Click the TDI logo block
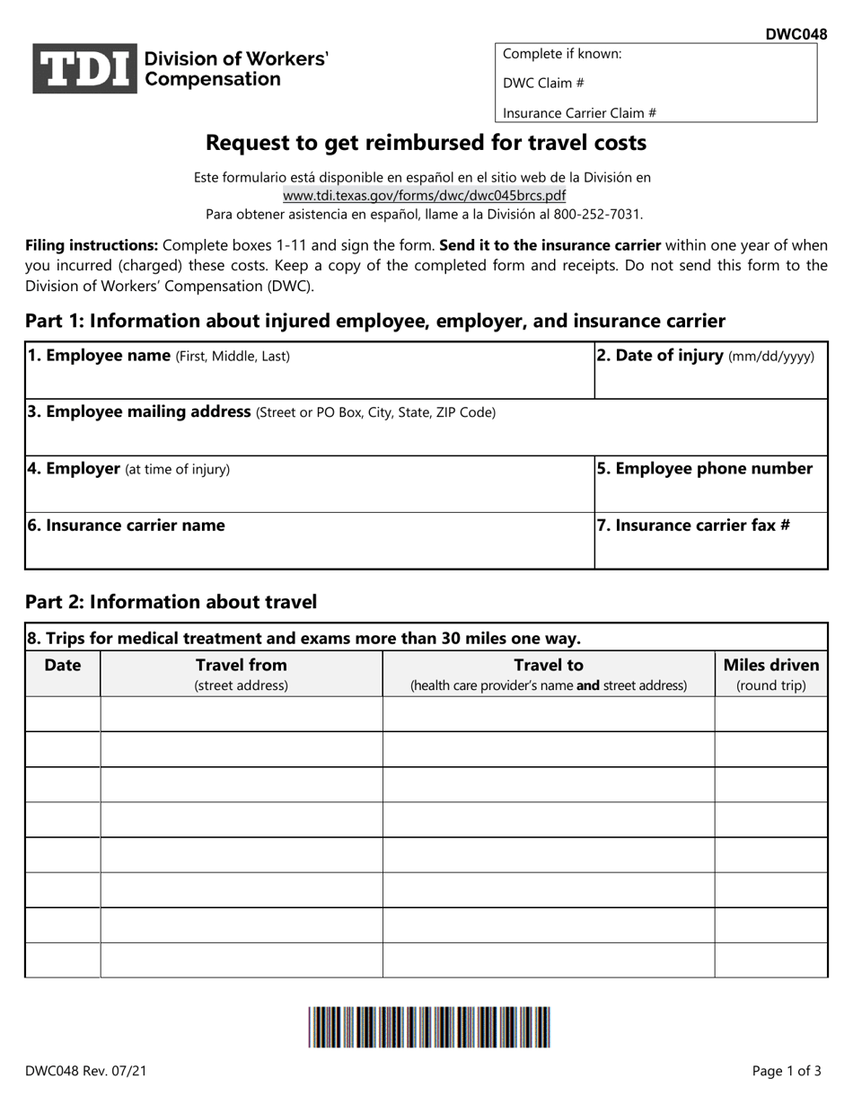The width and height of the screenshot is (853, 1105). click(85, 69)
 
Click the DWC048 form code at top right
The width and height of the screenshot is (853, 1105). click(796, 35)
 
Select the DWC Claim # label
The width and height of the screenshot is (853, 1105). click(544, 83)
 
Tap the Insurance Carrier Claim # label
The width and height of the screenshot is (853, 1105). click(579, 113)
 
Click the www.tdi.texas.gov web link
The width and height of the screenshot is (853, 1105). click(425, 195)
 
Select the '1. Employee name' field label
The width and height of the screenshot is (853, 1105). click(99, 356)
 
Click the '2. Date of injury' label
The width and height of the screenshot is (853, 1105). click(660, 356)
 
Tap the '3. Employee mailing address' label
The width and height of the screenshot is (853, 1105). click(139, 412)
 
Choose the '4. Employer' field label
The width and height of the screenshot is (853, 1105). click(74, 469)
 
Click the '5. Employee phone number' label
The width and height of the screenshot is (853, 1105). click(705, 469)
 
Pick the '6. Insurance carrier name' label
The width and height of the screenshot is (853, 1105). click(126, 526)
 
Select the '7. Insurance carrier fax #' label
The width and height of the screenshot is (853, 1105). click(693, 526)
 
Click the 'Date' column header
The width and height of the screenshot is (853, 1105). click(63, 666)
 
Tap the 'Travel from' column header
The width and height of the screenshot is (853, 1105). click(242, 666)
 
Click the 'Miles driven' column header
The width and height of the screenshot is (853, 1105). click(771, 666)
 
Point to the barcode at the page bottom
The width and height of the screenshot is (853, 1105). click(429, 1027)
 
